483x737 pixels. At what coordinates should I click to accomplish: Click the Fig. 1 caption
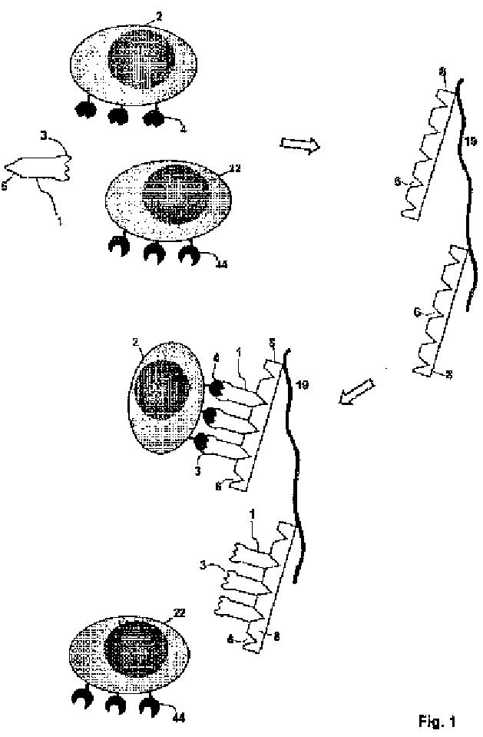point(436,721)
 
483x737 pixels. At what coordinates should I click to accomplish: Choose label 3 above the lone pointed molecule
point(45,135)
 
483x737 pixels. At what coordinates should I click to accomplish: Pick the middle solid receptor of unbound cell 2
point(119,116)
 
